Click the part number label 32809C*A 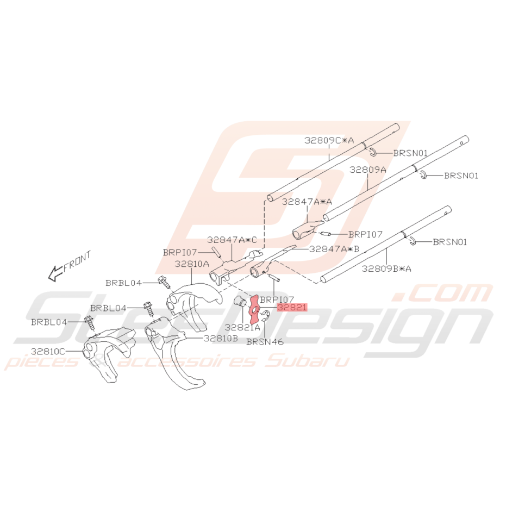[329, 140]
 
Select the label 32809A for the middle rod [367, 170]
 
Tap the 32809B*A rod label [386, 268]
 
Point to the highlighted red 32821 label [292, 307]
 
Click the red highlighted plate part [254, 309]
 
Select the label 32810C [48, 351]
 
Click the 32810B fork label [221, 338]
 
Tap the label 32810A [192, 264]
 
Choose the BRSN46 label [265, 341]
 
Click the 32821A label [242, 327]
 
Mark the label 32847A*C [232, 240]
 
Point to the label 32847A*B [334, 249]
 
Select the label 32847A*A [307, 202]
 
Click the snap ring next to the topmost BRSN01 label [373, 152]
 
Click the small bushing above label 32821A [240, 302]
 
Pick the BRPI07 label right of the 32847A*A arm [365, 234]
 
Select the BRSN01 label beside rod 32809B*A [450, 242]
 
